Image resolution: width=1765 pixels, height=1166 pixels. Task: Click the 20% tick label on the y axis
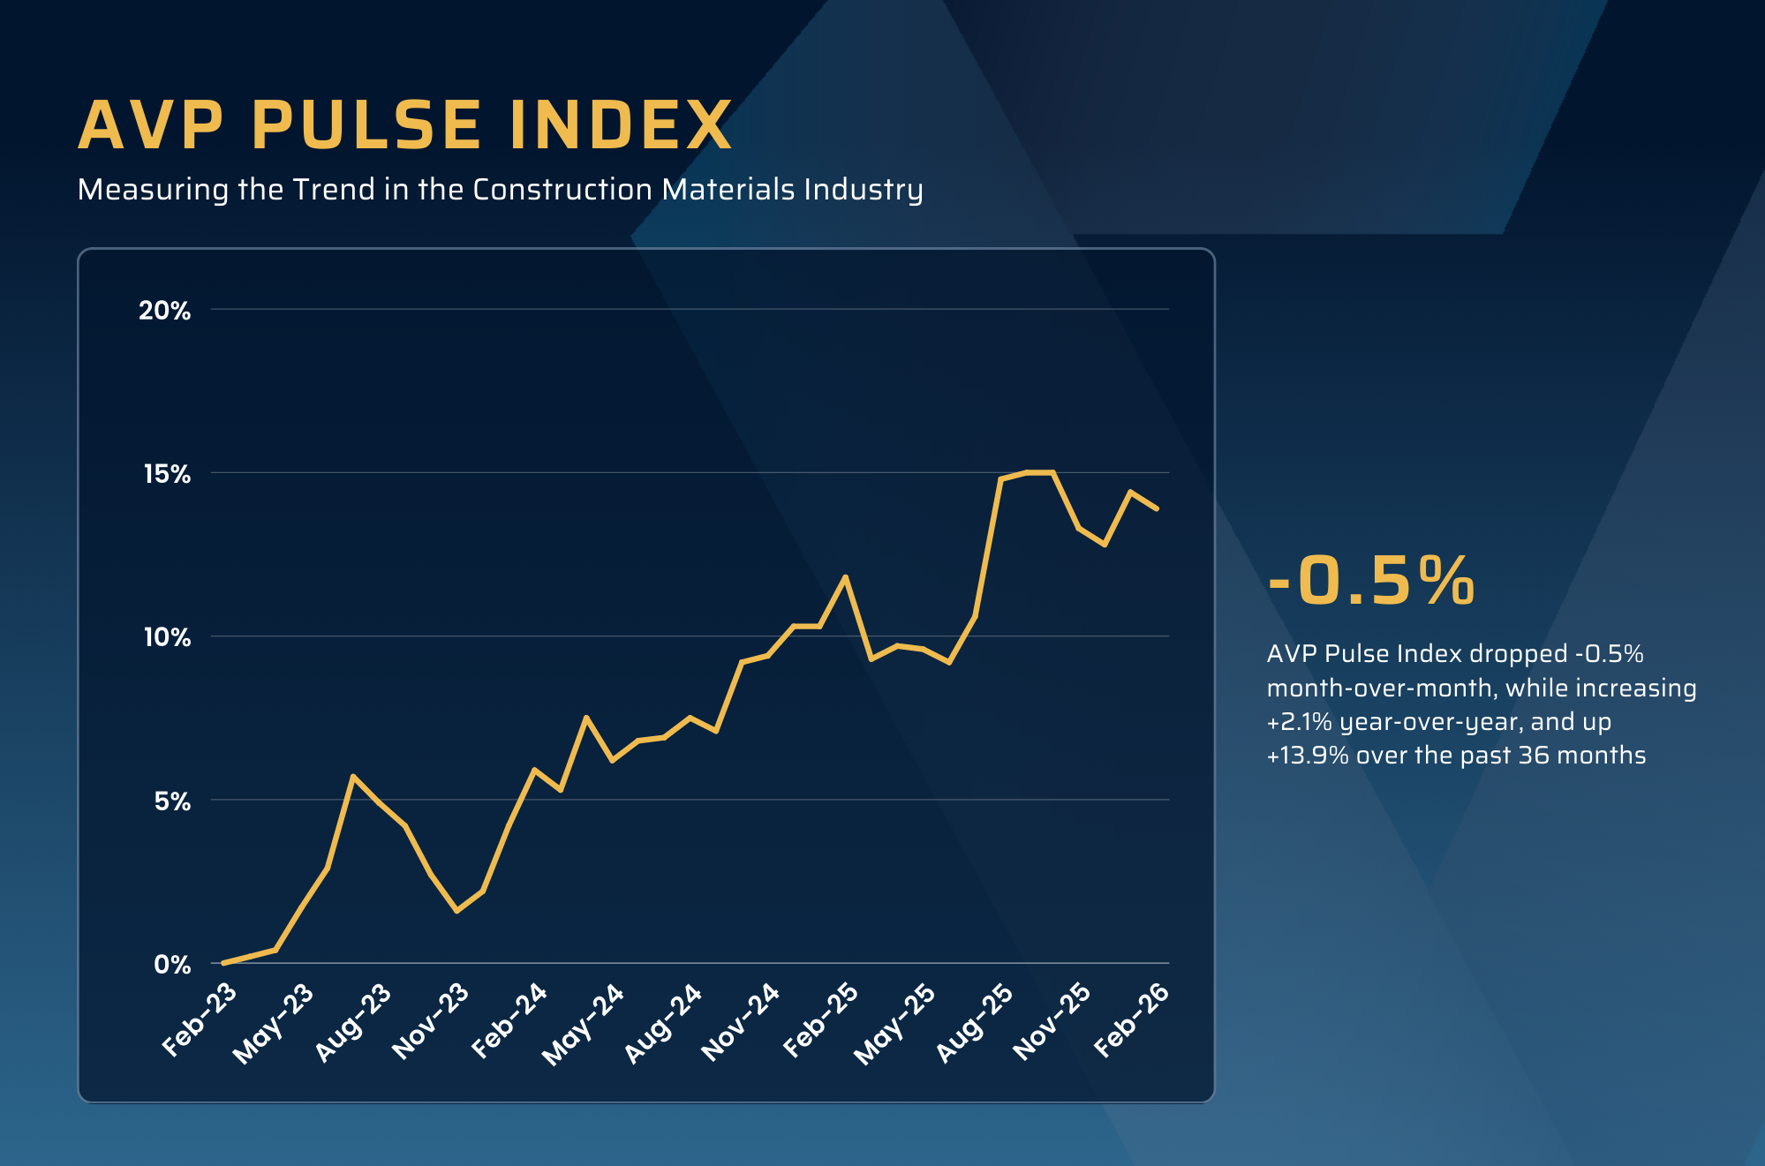(x=165, y=311)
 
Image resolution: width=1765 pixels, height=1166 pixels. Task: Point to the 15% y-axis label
(x=167, y=474)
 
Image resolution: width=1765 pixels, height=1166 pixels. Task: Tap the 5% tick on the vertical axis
(x=172, y=801)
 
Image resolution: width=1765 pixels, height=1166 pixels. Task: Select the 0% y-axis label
(x=172, y=965)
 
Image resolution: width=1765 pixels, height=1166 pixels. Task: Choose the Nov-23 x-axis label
(x=431, y=1020)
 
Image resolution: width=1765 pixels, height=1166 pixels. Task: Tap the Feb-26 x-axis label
(x=1131, y=1019)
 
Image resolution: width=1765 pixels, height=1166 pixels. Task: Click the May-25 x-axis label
(x=894, y=1023)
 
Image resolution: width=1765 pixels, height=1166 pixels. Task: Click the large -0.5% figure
(x=1371, y=581)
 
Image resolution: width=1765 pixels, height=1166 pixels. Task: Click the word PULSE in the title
(x=366, y=125)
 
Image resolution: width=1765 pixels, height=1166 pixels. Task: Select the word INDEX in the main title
(x=621, y=125)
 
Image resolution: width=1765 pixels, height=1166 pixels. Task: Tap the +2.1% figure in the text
(x=1299, y=722)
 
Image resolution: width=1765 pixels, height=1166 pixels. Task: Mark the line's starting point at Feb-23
(x=224, y=962)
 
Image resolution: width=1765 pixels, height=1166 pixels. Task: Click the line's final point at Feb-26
(x=1157, y=508)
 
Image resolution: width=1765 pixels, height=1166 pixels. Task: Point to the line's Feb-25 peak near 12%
(x=846, y=577)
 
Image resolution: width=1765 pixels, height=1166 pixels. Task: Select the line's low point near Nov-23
(x=456, y=910)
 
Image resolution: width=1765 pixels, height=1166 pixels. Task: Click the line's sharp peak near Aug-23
(x=353, y=777)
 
